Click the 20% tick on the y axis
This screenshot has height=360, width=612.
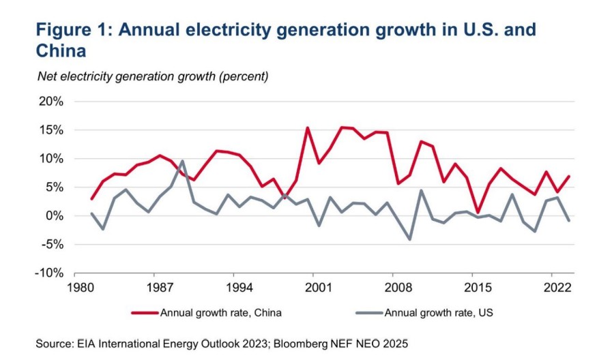[51, 102]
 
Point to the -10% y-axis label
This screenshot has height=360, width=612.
[50, 273]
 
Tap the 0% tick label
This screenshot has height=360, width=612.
[55, 215]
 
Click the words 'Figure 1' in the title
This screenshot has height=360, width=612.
[74, 30]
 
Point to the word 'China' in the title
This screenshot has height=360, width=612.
[62, 52]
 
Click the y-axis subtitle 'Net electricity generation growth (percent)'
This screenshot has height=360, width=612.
[153, 76]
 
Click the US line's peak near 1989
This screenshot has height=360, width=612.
[182, 161]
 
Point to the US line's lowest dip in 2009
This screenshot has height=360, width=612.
[410, 239]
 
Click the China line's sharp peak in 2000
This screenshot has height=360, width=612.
[308, 127]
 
